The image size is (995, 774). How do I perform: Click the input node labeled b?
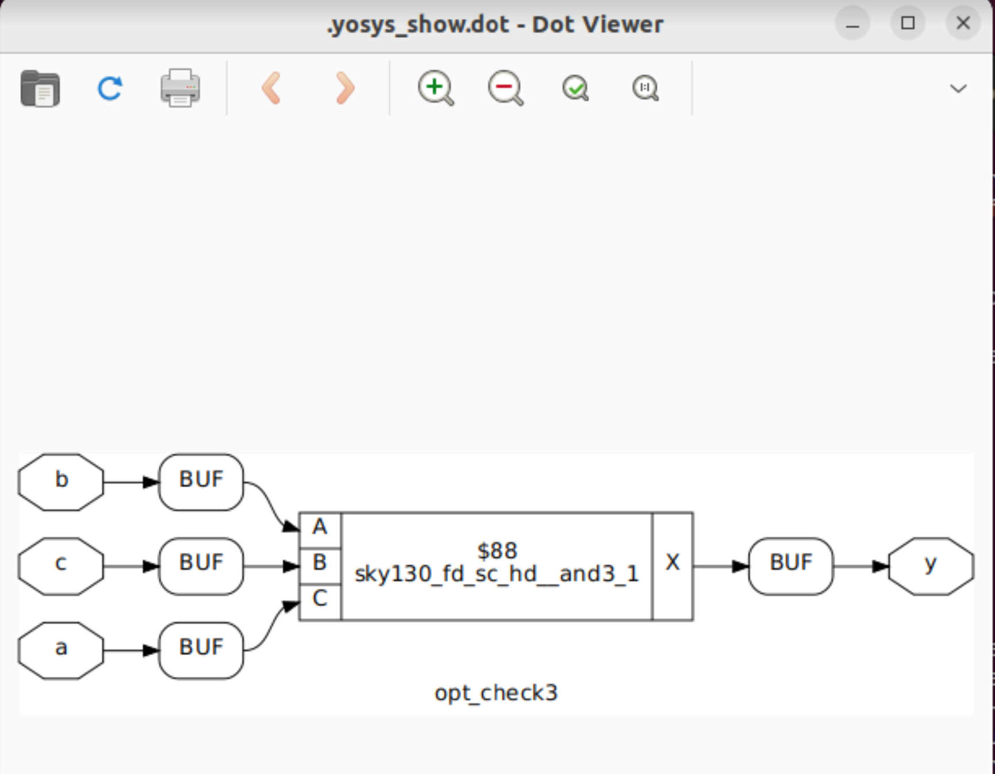tap(61, 482)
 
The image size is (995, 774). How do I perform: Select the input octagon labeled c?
tap(61, 565)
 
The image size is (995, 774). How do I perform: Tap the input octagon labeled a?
tap(61, 650)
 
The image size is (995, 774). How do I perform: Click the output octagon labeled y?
tap(931, 565)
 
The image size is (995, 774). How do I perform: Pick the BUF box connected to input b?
tap(201, 482)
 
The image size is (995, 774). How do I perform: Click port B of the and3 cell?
tap(320, 564)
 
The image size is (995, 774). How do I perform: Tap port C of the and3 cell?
tap(320, 599)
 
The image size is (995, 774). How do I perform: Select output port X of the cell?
tap(673, 564)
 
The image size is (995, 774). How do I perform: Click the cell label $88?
tap(497, 551)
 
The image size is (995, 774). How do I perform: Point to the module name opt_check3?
tap(496, 693)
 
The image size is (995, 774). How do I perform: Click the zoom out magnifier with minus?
tap(505, 88)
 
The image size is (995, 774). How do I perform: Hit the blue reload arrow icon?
tap(110, 88)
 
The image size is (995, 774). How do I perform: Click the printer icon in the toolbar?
tap(180, 88)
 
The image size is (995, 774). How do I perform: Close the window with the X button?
tap(963, 23)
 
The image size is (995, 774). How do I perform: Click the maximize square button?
tap(908, 23)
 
